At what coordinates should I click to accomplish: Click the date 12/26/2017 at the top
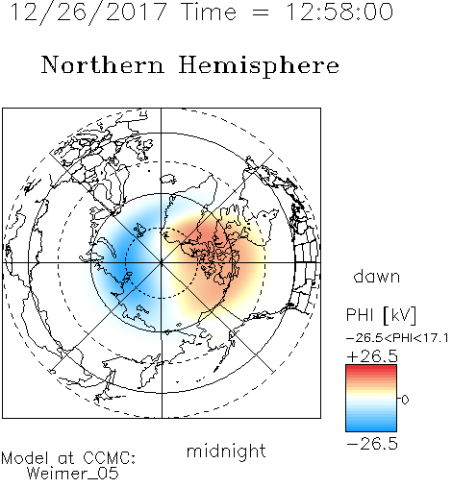click(88, 12)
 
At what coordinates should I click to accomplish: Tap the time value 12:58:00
click(339, 12)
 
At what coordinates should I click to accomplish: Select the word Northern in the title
click(103, 65)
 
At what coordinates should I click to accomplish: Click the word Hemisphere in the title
click(259, 65)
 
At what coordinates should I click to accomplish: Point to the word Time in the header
click(209, 12)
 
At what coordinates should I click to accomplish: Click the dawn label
click(377, 277)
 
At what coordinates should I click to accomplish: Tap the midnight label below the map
click(226, 451)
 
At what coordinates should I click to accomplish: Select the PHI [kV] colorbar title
click(382, 315)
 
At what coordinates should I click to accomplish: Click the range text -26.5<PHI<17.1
click(397, 338)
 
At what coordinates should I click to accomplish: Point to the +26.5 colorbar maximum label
click(372, 356)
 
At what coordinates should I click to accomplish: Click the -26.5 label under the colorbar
click(372, 444)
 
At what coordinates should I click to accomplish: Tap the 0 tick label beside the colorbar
click(405, 400)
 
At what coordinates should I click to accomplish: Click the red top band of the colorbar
click(371, 369)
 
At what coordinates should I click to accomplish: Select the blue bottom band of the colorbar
click(371, 427)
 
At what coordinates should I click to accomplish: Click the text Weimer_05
click(73, 474)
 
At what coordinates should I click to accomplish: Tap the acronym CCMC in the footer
click(109, 458)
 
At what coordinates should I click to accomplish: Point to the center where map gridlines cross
click(161, 263)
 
